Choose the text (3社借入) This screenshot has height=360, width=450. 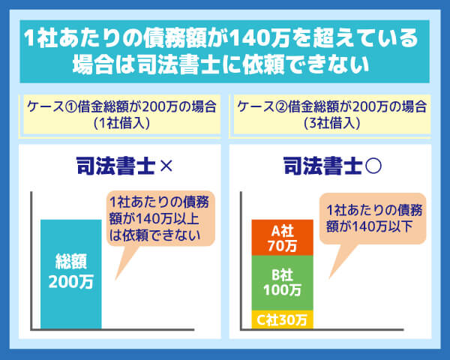click(x=330, y=121)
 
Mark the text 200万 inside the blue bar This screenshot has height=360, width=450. click(x=70, y=283)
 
